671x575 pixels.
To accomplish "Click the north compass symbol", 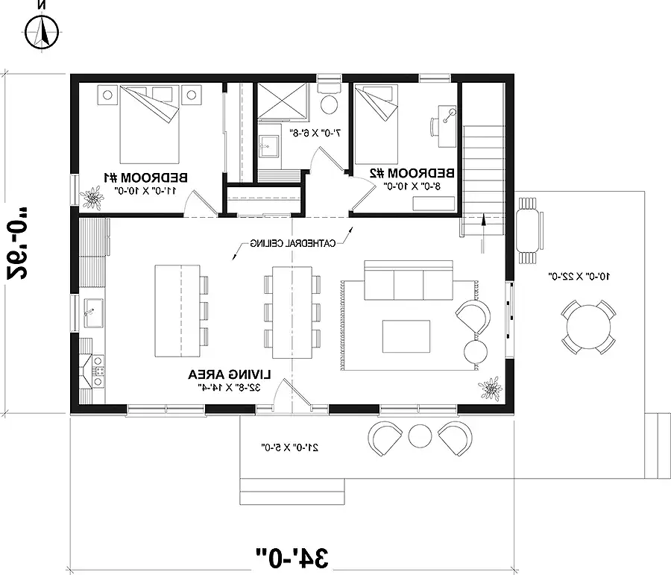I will tap(42, 31).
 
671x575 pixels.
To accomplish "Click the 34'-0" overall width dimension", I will tap(292, 556).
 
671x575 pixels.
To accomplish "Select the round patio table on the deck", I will tap(587, 326).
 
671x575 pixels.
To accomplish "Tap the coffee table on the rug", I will tap(406, 336).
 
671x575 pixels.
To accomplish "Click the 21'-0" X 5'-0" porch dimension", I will tap(290, 447).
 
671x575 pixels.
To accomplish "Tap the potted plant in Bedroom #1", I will tap(92, 198).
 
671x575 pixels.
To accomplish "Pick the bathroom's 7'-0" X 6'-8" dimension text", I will tap(315, 133).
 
